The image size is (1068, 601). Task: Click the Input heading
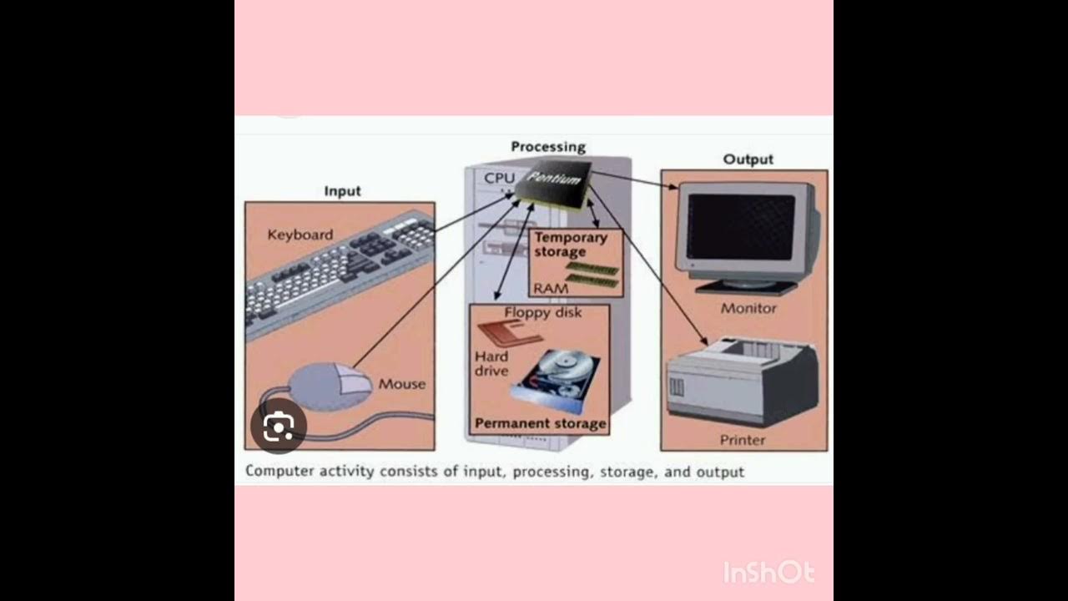point(342,191)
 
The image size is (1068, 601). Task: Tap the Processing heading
point(548,147)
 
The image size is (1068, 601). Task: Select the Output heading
point(748,159)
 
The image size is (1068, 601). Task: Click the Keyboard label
point(300,235)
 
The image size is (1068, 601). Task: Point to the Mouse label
point(401,384)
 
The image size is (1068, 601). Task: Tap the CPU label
point(500,178)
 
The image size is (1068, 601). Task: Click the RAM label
point(551,288)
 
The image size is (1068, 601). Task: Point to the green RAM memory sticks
point(593,274)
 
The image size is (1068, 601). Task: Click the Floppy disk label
point(543,312)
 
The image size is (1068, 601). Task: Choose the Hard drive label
point(491,363)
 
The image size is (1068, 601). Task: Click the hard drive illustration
point(559,380)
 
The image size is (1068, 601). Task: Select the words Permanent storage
point(540,423)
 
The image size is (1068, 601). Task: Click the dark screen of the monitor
point(740,226)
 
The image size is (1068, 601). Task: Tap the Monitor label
point(748,308)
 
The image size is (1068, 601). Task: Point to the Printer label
point(743,440)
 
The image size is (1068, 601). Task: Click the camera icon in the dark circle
point(279,427)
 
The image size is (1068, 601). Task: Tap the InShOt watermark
point(768,573)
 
